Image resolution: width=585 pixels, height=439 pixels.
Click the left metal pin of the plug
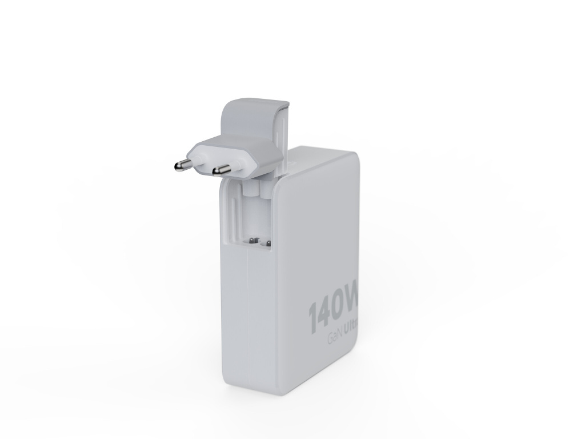pyautogui.click(x=181, y=165)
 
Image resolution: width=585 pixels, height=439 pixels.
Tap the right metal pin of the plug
pyautogui.click(x=219, y=170)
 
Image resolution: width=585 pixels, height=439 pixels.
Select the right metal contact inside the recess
pyautogui.click(x=266, y=244)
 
